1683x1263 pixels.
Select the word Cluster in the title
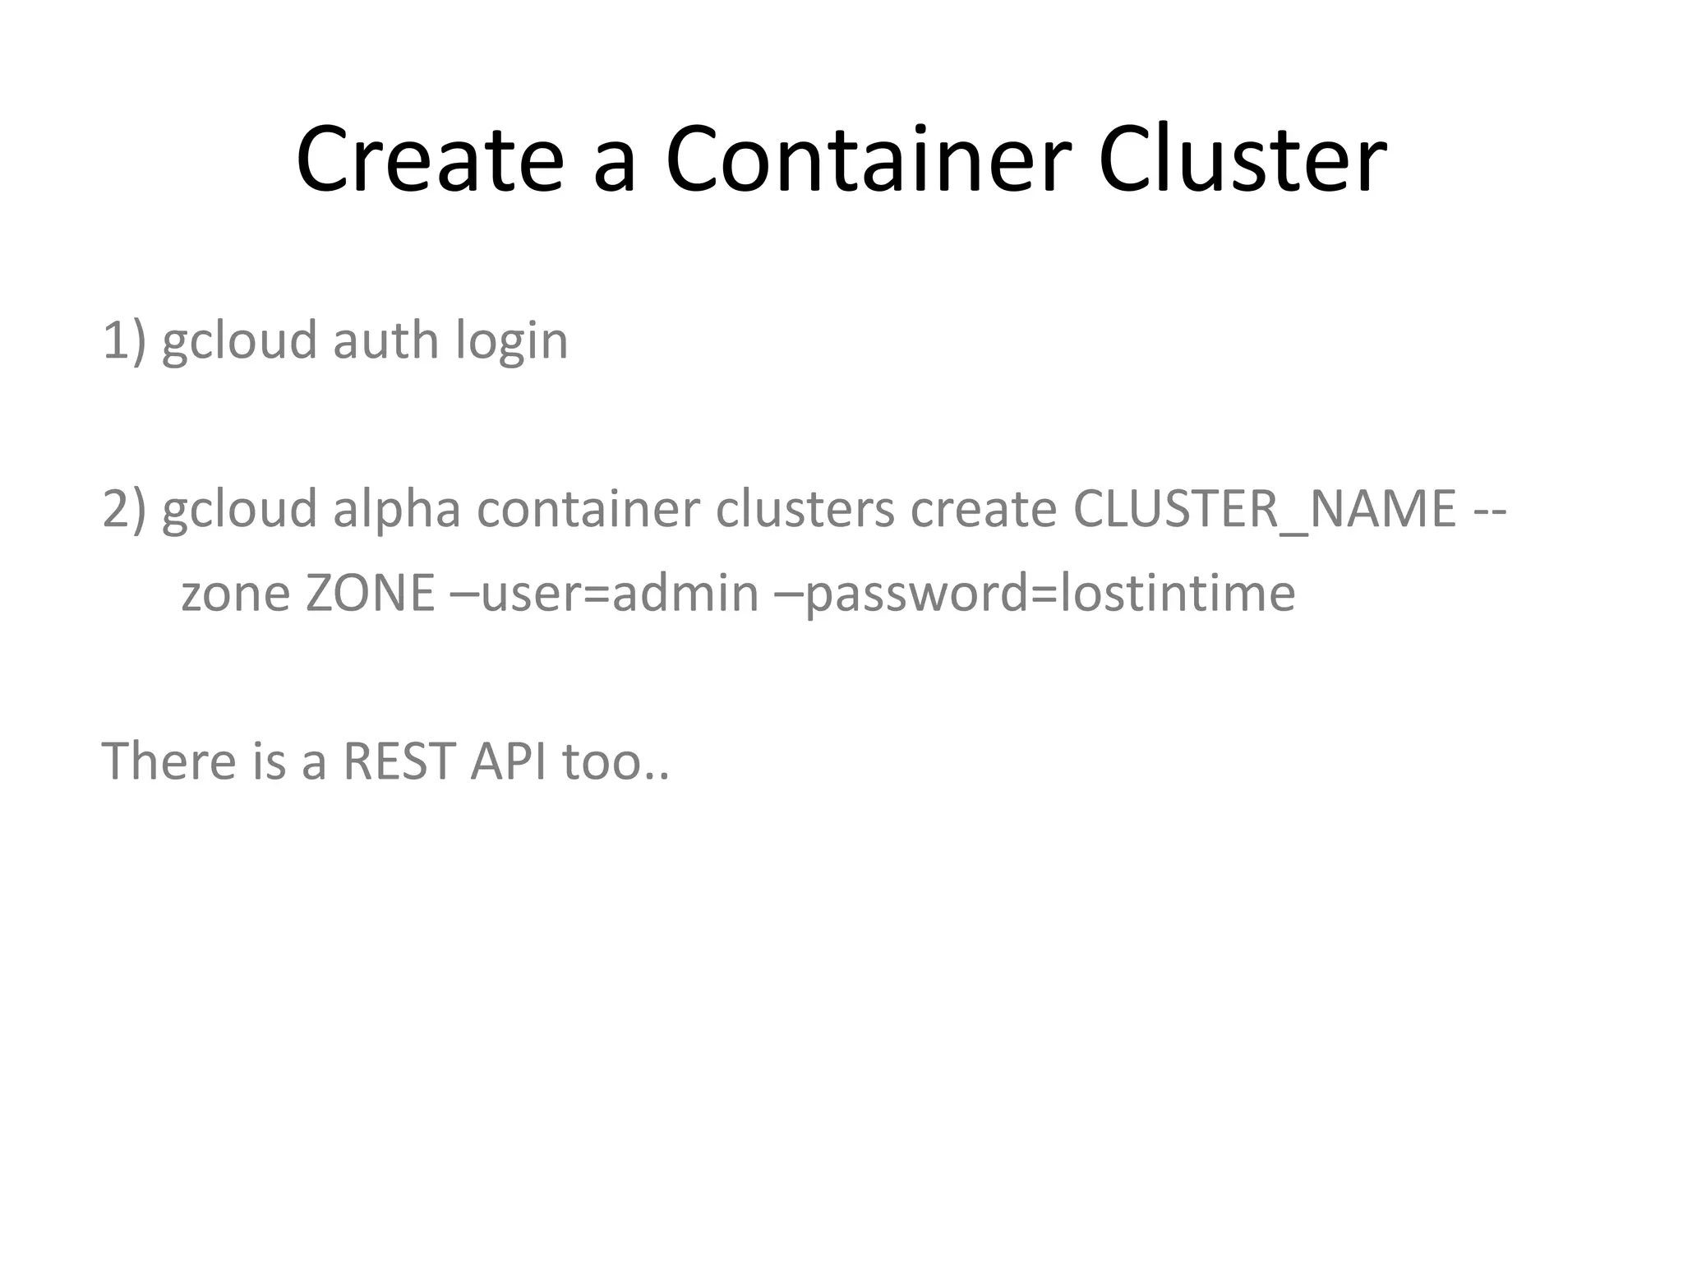[x=1242, y=160]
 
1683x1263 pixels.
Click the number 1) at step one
[x=124, y=340]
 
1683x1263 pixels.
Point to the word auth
[x=385, y=340]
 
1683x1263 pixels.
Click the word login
[x=511, y=342]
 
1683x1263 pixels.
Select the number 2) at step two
[x=124, y=508]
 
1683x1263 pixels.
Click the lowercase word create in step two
[x=983, y=508]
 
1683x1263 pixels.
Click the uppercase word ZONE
[x=370, y=593]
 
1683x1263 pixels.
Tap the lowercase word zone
[x=235, y=594]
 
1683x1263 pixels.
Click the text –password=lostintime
[x=1035, y=594]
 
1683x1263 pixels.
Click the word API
[x=508, y=761]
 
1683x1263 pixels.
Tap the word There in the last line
[x=169, y=761]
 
